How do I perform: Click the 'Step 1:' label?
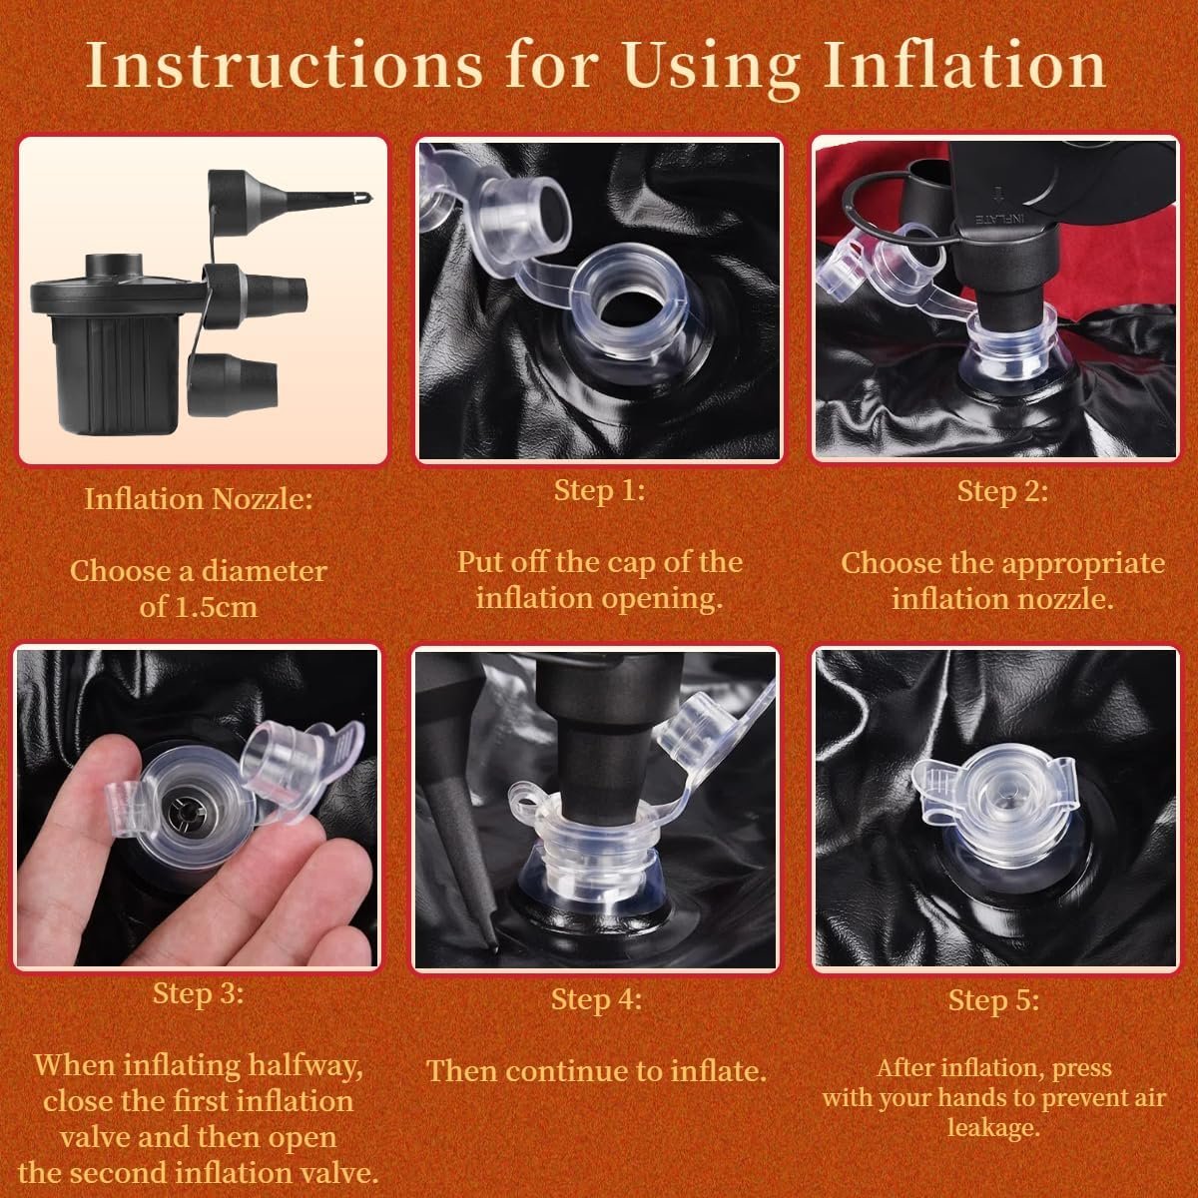click(600, 490)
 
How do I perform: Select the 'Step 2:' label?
click(1002, 492)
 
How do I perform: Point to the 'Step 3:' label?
click(199, 992)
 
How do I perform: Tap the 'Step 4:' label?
click(596, 999)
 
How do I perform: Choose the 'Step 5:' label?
click(993, 1000)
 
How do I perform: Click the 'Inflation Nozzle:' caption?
click(199, 499)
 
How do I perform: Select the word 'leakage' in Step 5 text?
click(992, 1127)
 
